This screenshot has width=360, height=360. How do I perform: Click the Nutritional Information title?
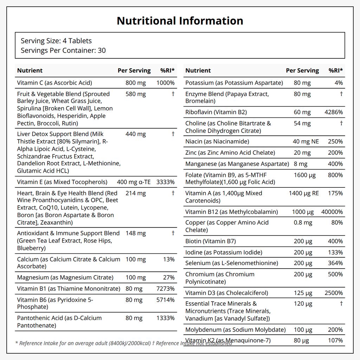(x=180, y=21)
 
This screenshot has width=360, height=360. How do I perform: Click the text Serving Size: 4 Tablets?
(x=56, y=41)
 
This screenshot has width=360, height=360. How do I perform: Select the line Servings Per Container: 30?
(x=63, y=51)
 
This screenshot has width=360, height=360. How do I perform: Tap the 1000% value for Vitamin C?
(x=166, y=83)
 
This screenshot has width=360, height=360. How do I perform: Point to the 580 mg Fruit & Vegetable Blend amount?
(x=135, y=94)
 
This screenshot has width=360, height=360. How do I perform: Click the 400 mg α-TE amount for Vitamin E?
(x=134, y=182)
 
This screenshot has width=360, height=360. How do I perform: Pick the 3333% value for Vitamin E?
(x=166, y=182)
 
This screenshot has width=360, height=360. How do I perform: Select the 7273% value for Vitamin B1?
(x=166, y=289)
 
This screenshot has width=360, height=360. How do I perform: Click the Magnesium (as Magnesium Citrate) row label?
(x=65, y=278)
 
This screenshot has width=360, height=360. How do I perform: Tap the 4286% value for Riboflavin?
(x=334, y=112)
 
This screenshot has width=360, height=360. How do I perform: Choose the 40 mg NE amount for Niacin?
(x=306, y=141)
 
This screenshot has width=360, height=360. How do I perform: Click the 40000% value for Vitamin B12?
(x=332, y=212)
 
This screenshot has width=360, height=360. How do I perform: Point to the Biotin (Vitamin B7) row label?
(x=211, y=241)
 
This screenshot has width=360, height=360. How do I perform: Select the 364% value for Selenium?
(x=335, y=263)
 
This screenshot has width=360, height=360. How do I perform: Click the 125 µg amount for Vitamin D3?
(x=303, y=293)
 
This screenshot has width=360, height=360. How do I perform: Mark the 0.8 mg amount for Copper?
(x=303, y=223)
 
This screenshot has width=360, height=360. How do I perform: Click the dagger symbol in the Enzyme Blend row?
(x=341, y=94)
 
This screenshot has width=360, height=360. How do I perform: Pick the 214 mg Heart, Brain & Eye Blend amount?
(x=135, y=193)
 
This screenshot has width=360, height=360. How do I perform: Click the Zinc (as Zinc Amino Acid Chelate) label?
(x=230, y=153)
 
